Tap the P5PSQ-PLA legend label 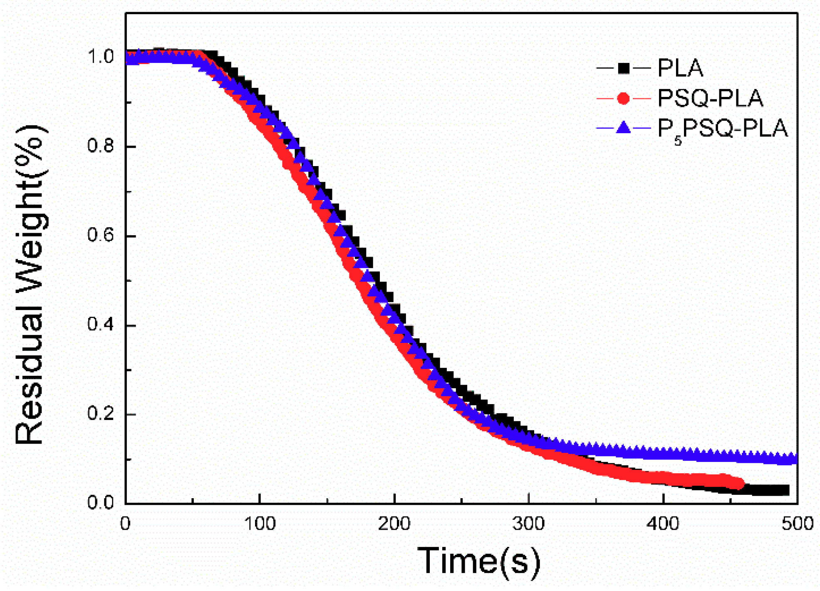tap(722, 129)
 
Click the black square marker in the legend tap(623, 68)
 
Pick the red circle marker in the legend tap(623, 99)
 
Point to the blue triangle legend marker tap(623, 128)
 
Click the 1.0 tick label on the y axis tap(100, 57)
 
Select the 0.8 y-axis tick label tap(100, 146)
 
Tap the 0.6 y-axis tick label tap(100, 236)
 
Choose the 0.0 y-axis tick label tap(100, 503)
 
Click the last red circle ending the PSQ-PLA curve tap(738, 484)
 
